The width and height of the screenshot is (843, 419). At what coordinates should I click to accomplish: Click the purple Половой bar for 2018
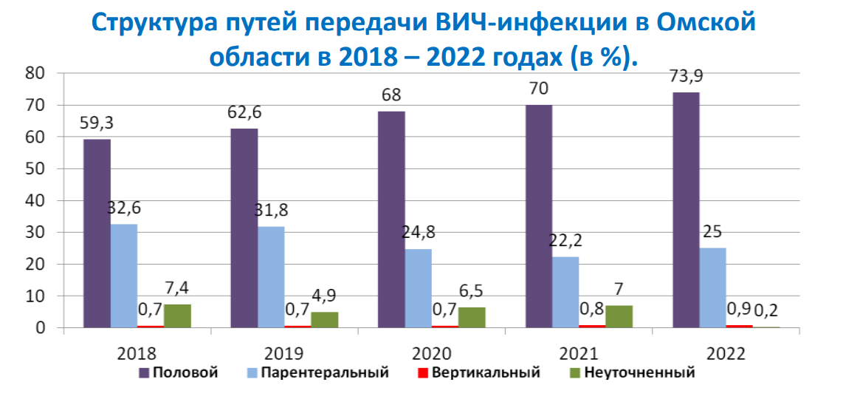point(97,233)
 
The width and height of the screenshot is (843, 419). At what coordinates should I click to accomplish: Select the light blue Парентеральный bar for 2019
point(271,277)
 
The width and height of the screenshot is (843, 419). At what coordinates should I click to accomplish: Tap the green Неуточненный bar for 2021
point(619,316)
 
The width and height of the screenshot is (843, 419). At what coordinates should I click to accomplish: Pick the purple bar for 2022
point(686,210)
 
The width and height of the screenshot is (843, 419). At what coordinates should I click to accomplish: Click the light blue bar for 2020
point(418,288)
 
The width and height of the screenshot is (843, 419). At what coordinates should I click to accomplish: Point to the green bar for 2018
point(177,316)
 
